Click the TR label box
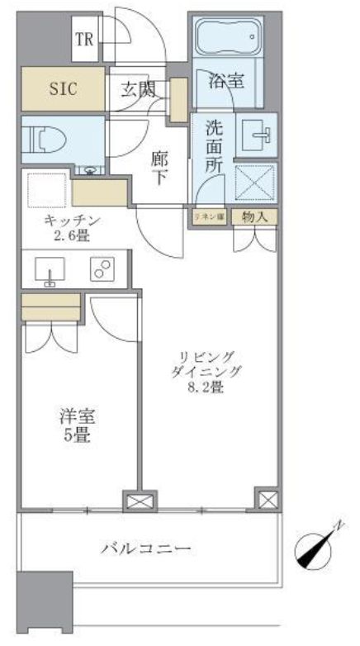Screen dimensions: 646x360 (x=84, y=40)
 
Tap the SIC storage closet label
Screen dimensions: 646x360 (x=63, y=88)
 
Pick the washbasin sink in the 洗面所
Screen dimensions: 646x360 (x=256, y=133)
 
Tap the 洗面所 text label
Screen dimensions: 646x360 (x=215, y=147)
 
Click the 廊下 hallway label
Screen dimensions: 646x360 (x=161, y=167)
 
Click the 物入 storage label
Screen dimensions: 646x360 (x=253, y=216)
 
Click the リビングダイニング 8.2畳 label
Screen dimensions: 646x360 (x=206, y=371)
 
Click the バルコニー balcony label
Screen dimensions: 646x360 (x=148, y=549)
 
